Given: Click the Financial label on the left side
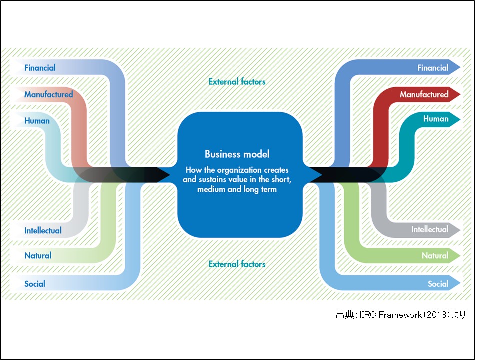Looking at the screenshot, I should [40, 68].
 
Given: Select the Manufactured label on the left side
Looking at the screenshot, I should [48, 94].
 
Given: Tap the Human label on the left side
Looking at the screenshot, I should [37, 120].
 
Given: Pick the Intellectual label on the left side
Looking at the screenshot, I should [43, 231].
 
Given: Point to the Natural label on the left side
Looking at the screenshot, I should [38, 256].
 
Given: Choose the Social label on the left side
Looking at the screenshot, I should [35, 284].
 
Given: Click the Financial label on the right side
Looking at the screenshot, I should [433, 68].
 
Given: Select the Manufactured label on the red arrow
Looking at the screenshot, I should [424, 94].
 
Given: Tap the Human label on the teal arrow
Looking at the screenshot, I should [436, 119].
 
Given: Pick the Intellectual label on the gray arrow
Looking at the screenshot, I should [430, 230].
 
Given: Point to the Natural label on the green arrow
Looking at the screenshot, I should [435, 256].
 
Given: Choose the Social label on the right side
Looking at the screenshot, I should [438, 284].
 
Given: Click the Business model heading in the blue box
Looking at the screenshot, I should [237, 154].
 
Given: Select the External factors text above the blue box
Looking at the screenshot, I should [237, 81].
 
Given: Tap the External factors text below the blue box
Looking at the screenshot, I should [237, 264].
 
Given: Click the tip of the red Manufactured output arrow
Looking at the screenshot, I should [458, 94].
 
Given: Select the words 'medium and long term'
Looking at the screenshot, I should [237, 190].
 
